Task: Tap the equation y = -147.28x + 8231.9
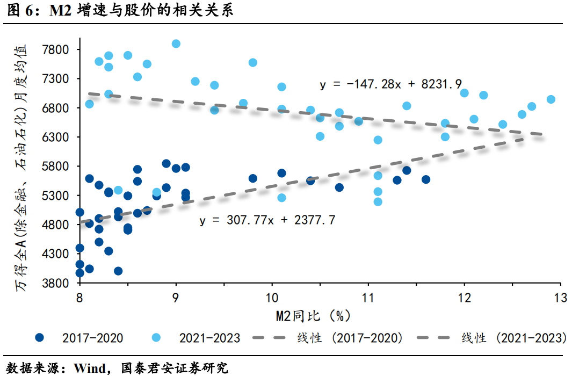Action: click(x=391, y=84)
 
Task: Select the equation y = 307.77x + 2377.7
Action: click(x=267, y=220)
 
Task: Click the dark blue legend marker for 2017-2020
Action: click(x=40, y=338)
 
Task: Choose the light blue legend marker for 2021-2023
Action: click(x=157, y=338)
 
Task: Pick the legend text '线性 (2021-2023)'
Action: click(x=514, y=338)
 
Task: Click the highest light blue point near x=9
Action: click(x=176, y=44)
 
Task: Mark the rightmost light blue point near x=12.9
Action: click(x=551, y=99)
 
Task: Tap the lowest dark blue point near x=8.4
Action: click(x=118, y=271)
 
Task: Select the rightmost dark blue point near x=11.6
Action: click(x=426, y=179)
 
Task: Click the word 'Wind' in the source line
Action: click(x=90, y=368)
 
